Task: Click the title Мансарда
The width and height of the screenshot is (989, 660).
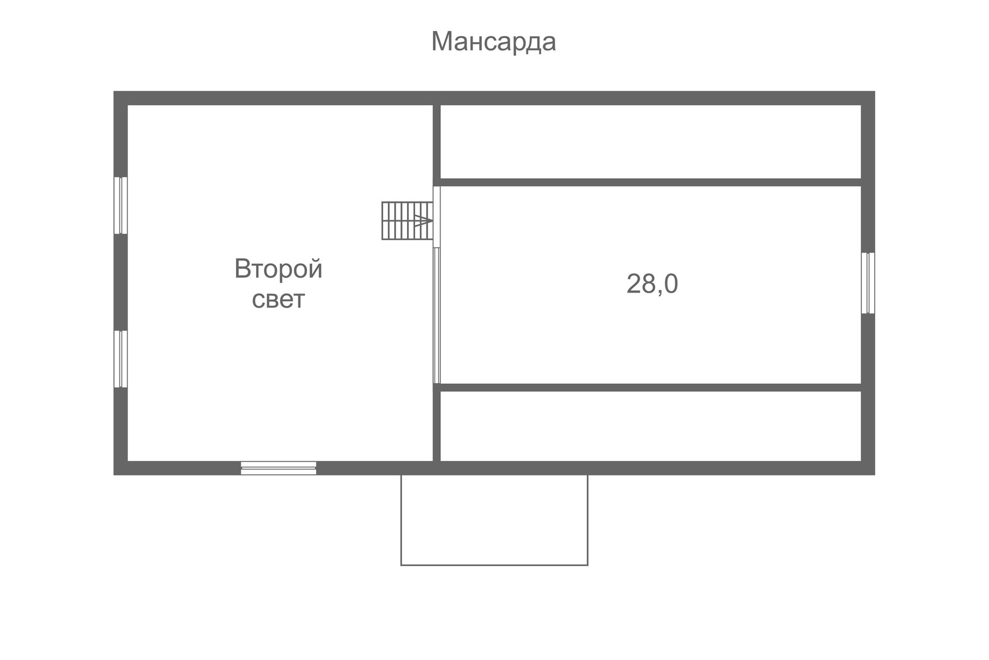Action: pos(493,42)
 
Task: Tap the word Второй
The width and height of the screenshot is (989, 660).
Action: pos(278,268)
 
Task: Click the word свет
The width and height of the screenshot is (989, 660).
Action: pos(278,299)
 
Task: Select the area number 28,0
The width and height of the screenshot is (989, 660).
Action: pos(652,283)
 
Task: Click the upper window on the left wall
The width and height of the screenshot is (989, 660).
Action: pos(121,205)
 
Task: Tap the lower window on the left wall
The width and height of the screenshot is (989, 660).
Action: pos(121,359)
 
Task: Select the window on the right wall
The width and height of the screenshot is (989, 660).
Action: pos(868,283)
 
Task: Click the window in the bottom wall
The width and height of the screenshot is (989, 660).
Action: pos(278,468)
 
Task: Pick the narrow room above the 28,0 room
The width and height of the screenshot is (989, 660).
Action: pos(651,142)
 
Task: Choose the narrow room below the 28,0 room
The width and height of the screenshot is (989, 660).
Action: pos(651,426)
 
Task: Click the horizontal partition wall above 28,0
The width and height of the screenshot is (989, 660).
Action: pos(651,182)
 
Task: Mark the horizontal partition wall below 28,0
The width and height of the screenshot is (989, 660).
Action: pos(651,387)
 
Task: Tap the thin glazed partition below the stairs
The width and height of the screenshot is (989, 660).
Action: pos(437,315)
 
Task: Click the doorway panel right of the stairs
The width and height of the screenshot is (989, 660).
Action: pos(437,216)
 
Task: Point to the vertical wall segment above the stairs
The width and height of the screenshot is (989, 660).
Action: pos(437,142)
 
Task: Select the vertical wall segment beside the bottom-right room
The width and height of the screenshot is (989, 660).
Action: pos(437,426)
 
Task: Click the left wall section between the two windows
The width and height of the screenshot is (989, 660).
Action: pos(121,282)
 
